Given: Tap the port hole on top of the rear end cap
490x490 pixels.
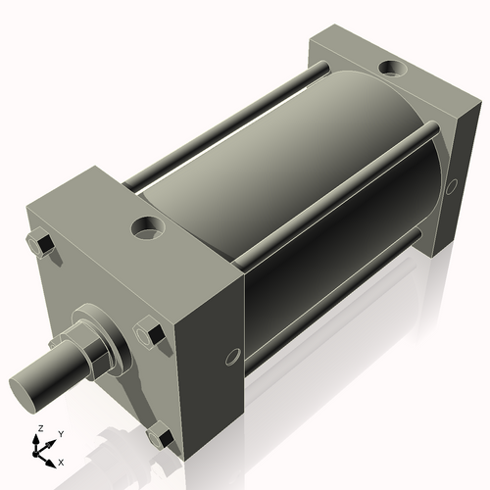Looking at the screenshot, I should click(391, 70).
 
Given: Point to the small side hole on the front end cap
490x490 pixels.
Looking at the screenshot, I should click(232, 357).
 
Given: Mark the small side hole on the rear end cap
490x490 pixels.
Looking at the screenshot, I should click(452, 185).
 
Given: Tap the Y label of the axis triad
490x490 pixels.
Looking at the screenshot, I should click(60, 433).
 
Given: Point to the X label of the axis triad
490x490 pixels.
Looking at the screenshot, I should click(62, 461).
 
